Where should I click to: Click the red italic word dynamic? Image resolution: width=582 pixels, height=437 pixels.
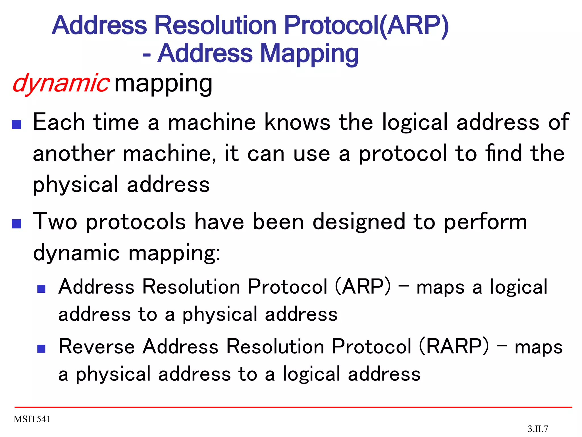pos(61,83)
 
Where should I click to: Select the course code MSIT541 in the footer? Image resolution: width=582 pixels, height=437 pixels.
pos(32,419)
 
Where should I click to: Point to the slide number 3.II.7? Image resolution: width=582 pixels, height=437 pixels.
pos(538,428)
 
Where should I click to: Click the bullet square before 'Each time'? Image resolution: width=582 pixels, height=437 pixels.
pos(17,124)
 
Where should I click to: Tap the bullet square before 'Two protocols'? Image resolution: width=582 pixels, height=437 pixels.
pos(17,224)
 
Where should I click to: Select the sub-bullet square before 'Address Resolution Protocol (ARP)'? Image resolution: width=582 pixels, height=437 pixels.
pos(41,289)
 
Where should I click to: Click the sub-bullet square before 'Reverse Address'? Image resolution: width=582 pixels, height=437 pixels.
pos(41,349)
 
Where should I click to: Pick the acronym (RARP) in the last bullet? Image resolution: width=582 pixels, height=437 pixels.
pos(454,347)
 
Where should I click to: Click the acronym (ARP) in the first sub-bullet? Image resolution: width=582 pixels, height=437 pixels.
pos(363,286)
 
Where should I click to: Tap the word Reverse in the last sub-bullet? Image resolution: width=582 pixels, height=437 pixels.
pos(97,347)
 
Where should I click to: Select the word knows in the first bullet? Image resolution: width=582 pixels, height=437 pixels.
pos(297,122)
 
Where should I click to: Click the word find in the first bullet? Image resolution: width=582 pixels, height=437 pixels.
pos(504,153)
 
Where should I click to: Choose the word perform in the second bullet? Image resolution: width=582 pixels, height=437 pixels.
pos(485,222)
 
